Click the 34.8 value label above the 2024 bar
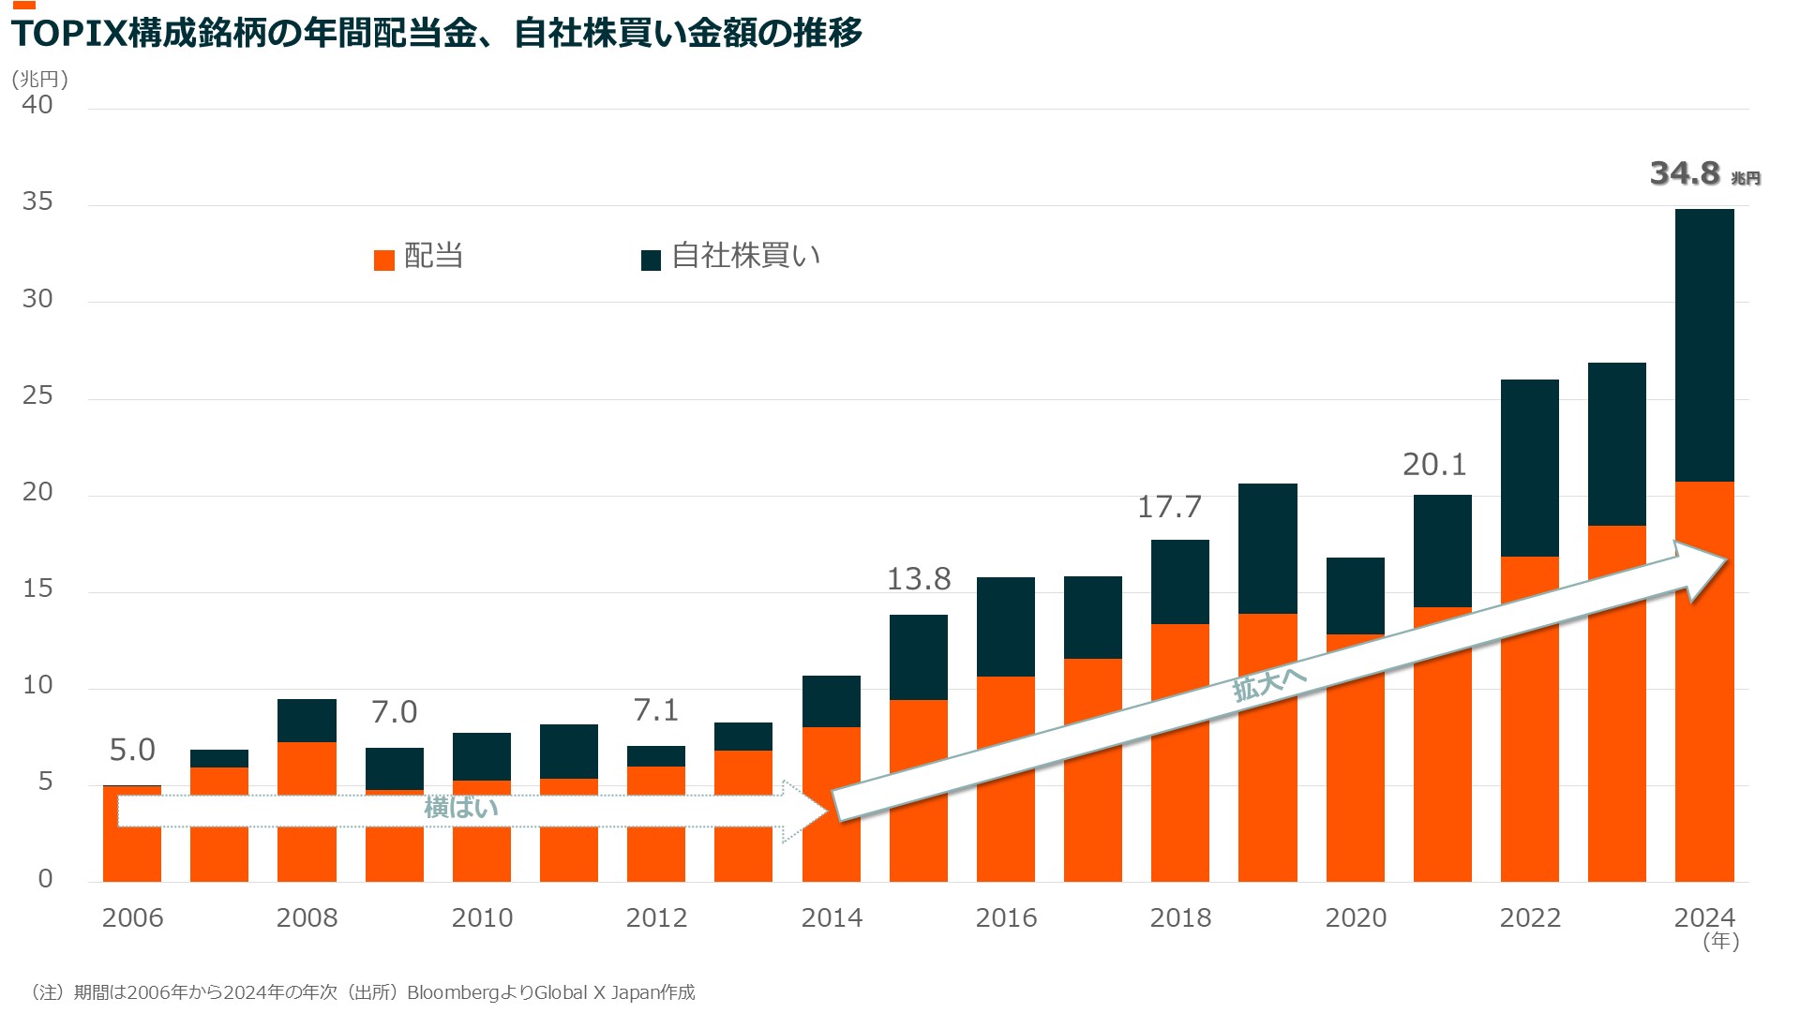[1685, 173]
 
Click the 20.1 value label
[1433, 465]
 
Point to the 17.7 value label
[1169, 507]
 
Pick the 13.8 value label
[919, 579]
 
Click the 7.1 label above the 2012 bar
[655, 710]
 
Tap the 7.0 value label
[394, 712]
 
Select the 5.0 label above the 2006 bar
[132, 750]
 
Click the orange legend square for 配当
[384, 260]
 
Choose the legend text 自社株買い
[746, 256]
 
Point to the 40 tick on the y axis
[37, 105]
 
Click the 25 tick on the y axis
[37, 395]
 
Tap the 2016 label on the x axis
[1006, 917]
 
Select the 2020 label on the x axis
[1356, 917]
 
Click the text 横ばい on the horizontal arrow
[461, 808]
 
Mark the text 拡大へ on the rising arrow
[1268, 683]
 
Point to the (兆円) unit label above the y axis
[39, 80]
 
